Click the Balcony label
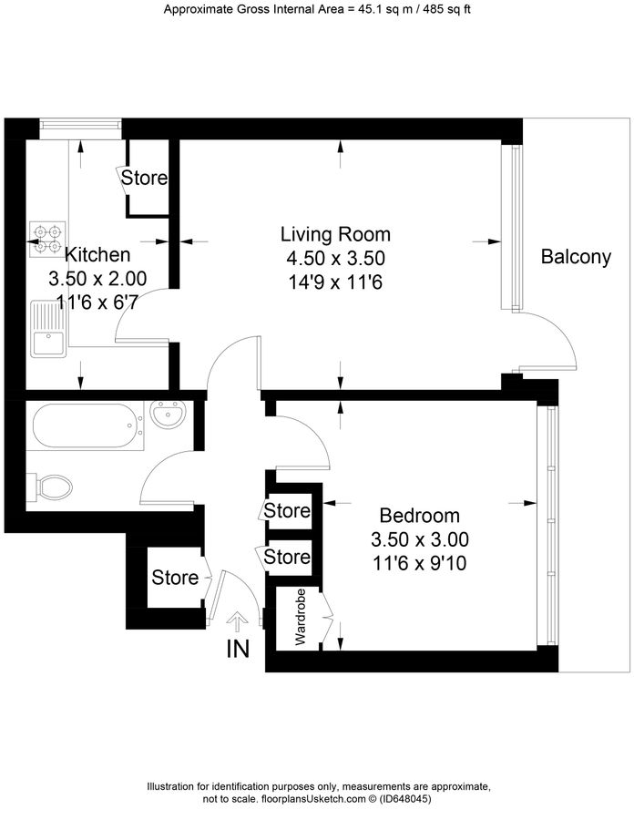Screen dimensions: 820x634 576,257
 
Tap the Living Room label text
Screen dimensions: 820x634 335,234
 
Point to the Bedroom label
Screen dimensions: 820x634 420,516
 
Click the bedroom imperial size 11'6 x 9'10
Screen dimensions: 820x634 420,563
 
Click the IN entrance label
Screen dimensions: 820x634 238,649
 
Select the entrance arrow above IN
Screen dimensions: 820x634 237,621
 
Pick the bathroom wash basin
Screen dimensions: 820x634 169,417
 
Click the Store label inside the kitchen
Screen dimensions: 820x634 145,178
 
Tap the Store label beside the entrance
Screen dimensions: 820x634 175,578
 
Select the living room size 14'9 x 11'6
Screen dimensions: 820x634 335,282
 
